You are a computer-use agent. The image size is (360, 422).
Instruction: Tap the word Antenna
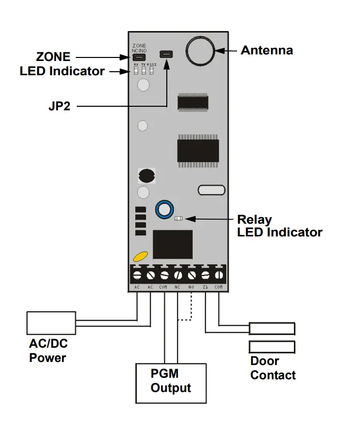(x=266, y=50)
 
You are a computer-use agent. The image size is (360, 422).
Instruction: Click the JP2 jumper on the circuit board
(x=166, y=53)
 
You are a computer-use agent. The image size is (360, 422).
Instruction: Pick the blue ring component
(x=164, y=208)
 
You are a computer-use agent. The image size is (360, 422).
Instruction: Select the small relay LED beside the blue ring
(x=178, y=219)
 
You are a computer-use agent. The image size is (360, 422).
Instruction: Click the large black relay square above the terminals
(x=172, y=245)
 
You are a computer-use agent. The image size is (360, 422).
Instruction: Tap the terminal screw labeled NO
(x=192, y=275)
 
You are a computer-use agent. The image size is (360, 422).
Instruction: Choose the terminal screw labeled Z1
(x=205, y=275)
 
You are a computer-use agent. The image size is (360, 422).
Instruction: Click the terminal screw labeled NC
(x=178, y=275)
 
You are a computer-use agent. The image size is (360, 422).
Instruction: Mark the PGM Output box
(x=170, y=382)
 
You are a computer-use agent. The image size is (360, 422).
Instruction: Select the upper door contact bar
(x=272, y=328)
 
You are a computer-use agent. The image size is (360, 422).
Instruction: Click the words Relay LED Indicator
(x=279, y=226)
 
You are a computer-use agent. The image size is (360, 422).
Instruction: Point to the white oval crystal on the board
(x=211, y=190)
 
